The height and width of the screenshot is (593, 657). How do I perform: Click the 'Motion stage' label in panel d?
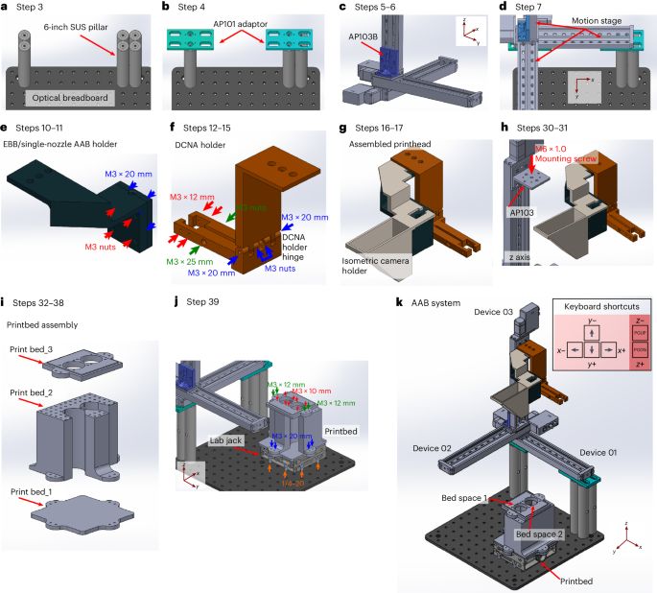[596, 20]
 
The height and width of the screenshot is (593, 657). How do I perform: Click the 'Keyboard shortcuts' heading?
[598, 310]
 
